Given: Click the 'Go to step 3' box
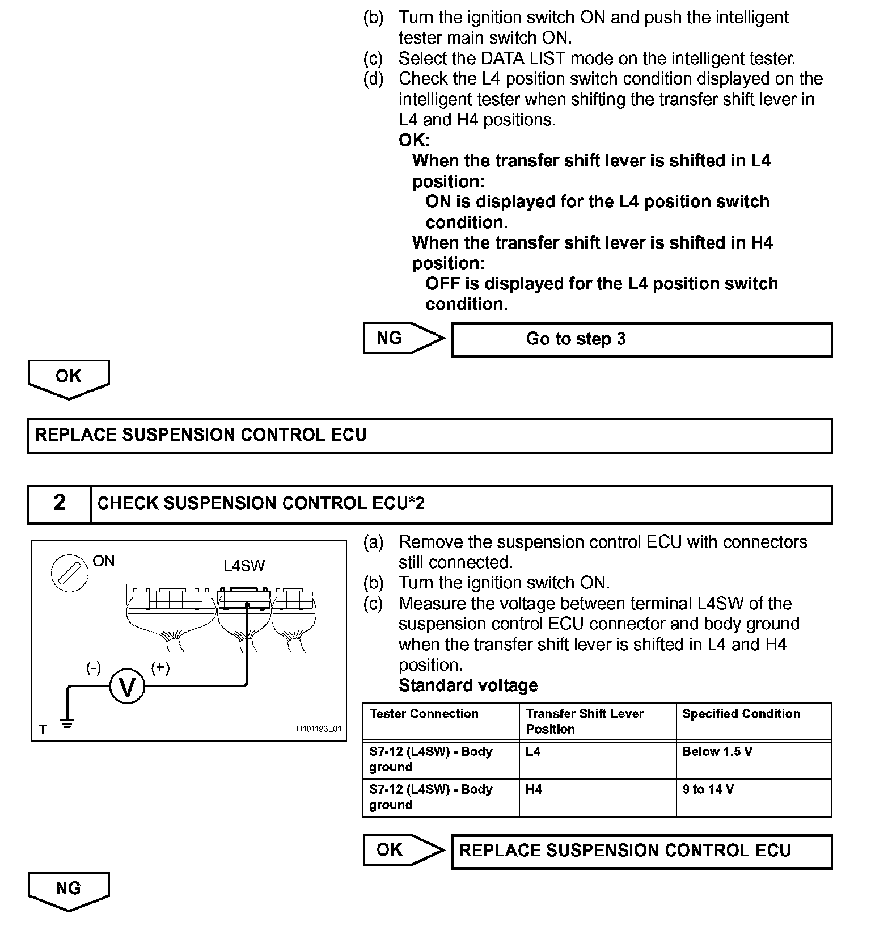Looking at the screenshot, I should click(641, 339).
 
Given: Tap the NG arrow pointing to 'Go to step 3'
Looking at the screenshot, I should click(403, 338).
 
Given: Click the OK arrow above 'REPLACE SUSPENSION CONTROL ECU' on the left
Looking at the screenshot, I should click(69, 378).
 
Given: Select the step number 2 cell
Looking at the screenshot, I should click(60, 503).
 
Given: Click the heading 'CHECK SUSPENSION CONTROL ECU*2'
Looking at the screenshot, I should click(261, 503).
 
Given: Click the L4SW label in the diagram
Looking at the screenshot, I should click(244, 566).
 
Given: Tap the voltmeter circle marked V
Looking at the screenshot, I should click(128, 687).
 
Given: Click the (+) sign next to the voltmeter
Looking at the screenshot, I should click(160, 668).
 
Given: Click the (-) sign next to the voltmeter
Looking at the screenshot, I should click(94, 668).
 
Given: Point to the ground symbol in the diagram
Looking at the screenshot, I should click(67, 723).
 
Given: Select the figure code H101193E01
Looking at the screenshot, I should click(319, 729).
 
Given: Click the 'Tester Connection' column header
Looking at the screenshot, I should click(424, 714).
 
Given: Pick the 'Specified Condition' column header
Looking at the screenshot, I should click(741, 714).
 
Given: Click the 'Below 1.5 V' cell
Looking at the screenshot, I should click(717, 752).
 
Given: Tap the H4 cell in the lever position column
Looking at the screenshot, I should click(534, 790).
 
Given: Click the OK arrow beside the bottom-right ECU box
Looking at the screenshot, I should click(403, 850).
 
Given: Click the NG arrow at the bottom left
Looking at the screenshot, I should click(69, 890).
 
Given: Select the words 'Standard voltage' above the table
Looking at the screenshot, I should click(468, 685).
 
